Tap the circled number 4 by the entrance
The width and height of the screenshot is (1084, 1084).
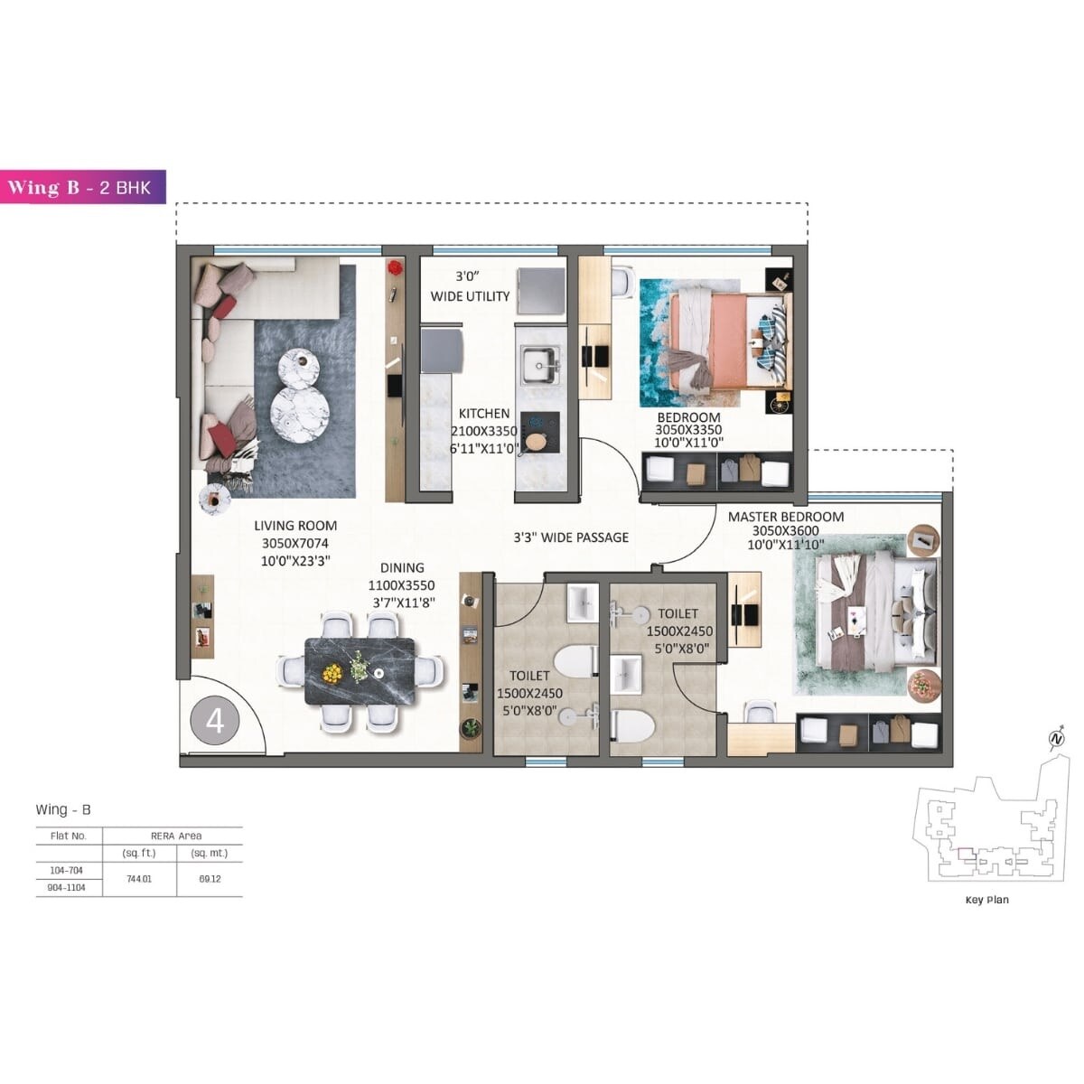(x=215, y=721)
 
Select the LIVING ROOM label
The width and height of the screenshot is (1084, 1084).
(x=295, y=526)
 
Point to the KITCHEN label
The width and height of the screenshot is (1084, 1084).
(x=483, y=414)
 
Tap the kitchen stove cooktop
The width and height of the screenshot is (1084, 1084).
(x=538, y=434)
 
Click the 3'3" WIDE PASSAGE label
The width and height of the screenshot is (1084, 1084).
(x=571, y=537)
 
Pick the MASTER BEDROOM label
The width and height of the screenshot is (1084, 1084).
(x=786, y=517)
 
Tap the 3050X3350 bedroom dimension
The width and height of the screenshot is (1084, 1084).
(x=688, y=431)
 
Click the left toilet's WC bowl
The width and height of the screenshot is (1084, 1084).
(x=575, y=661)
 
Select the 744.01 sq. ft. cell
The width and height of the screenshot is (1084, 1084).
(x=141, y=879)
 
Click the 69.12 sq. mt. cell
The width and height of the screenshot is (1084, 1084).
(x=210, y=879)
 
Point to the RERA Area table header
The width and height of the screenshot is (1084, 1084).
(x=176, y=836)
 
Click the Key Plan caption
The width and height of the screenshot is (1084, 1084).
(x=987, y=900)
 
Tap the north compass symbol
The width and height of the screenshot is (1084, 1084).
(x=1056, y=740)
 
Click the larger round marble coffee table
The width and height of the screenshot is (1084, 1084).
(x=300, y=414)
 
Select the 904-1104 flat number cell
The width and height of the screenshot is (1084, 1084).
(x=69, y=888)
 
